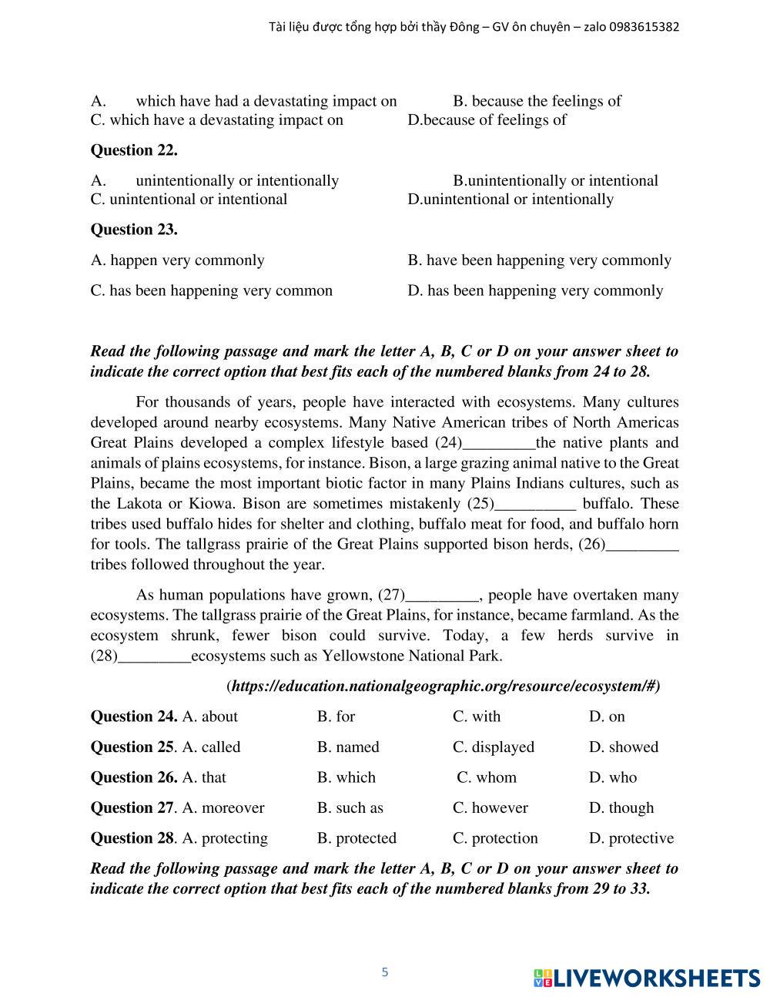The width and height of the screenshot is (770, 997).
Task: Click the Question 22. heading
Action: pos(134,150)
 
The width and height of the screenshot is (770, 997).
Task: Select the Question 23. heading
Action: pos(134,230)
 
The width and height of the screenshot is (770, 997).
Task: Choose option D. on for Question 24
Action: pos(607,717)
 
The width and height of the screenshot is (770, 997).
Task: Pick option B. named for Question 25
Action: pos(348,747)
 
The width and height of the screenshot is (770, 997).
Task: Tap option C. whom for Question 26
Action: pos(487,777)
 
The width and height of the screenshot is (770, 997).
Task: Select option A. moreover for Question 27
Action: pos(223,808)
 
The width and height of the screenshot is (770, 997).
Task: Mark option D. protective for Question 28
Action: pos(631,838)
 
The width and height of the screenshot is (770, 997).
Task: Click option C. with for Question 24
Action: pos(477,717)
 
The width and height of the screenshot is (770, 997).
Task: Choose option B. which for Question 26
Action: pos(346,777)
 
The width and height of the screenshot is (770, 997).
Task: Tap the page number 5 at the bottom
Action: pos(385,972)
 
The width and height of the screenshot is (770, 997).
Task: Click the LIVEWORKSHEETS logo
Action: pos(647,979)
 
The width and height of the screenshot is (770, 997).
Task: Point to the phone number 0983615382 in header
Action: pos(644,27)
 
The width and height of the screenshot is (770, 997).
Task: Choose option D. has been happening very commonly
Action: pos(535,290)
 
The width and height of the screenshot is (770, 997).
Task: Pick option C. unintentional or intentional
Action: pos(189,200)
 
